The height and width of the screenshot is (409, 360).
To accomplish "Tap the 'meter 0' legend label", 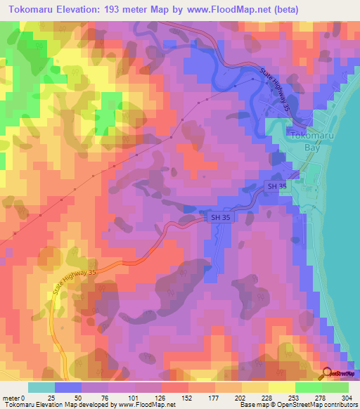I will point(15,398).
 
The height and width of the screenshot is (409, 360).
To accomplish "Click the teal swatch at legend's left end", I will point(41,387).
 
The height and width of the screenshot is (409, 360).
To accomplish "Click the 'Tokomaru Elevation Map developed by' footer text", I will point(60,405).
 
